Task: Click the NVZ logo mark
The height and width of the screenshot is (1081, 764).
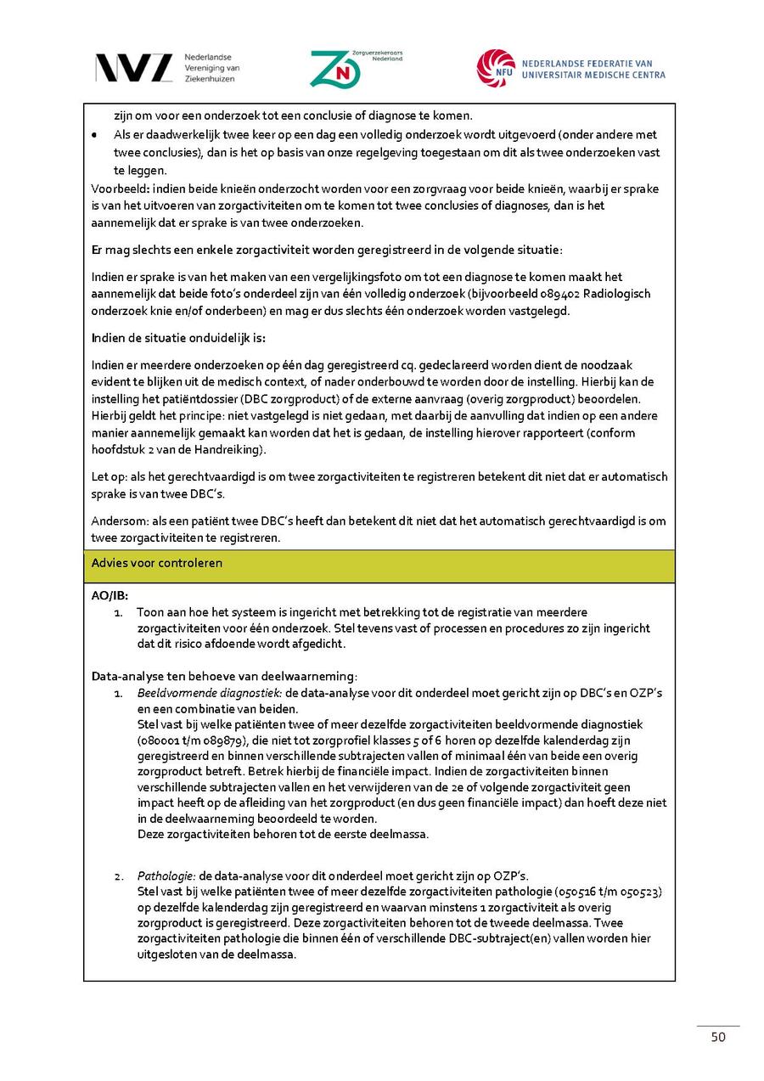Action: click(x=133, y=68)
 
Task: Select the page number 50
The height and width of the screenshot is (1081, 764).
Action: click(x=718, y=1037)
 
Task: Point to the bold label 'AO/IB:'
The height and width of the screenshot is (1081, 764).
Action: click(x=110, y=596)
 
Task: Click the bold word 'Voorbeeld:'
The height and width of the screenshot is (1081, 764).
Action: click(x=120, y=189)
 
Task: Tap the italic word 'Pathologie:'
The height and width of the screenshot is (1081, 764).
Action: click(x=167, y=875)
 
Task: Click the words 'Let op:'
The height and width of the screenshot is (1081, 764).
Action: click(x=110, y=476)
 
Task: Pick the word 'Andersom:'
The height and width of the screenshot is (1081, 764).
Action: click(x=120, y=521)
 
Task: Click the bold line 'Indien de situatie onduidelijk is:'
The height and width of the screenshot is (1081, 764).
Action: click(x=178, y=338)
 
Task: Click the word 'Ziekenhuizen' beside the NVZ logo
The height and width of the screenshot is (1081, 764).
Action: click(x=210, y=78)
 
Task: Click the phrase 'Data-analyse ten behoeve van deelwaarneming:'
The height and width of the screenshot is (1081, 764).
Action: click(x=224, y=677)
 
